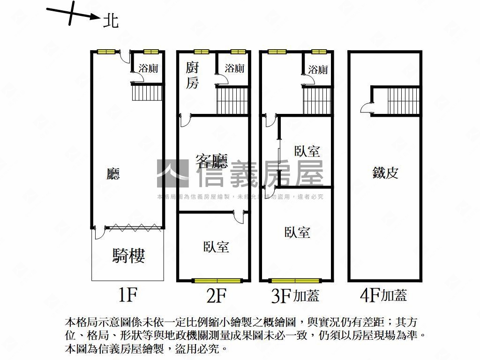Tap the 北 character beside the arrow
[x=111, y=21]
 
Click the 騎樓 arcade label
[x=128, y=255]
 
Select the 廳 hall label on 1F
[x=113, y=173]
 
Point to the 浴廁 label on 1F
[x=149, y=68]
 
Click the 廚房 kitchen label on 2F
[x=192, y=75]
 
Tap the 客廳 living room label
[x=212, y=161]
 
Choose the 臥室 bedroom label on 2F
[x=216, y=247]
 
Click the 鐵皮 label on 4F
[x=385, y=172]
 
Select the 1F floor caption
[x=127, y=295]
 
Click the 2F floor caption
[x=217, y=295]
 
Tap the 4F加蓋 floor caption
[x=383, y=295]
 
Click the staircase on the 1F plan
[x=147, y=93]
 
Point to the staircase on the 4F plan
[x=403, y=101]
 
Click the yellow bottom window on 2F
[x=217, y=280]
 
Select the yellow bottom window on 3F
[x=295, y=280]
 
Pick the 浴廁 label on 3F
[x=318, y=69]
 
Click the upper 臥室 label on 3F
[x=307, y=151]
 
